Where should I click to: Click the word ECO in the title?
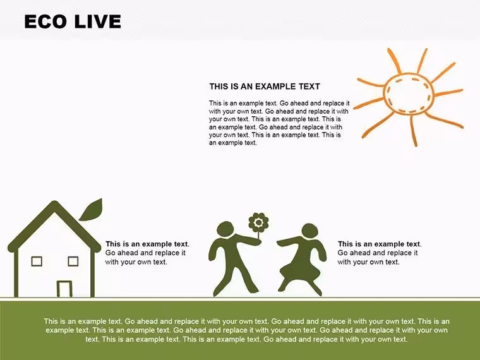pyautogui.click(x=45, y=21)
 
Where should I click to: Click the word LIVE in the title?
pyautogui.click(x=97, y=21)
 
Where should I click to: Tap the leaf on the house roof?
pyautogui.click(x=91, y=210)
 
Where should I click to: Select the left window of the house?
pyautogui.click(x=37, y=261)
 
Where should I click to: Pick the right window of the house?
pyautogui.click(x=73, y=261)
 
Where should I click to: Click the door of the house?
pyautogui.click(x=64, y=289)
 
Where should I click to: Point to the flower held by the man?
pyautogui.click(x=258, y=222)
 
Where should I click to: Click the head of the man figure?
pyautogui.click(x=225, y=229)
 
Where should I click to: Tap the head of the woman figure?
pyautogui.click(x=309, y=231)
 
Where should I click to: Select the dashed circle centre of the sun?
pyautogui.click(x=409, y=94)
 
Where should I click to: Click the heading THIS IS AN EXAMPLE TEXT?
pyautogui.click(x=265, y=87)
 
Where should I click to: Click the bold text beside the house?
pyautogui.click(x=147, y=244)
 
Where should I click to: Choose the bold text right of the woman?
pyautogui.click(x=380, y=244)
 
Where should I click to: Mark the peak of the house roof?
pyautogui.click(x=55, y=202)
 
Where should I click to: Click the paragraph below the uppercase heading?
pyautogui.click(x=279, y=123)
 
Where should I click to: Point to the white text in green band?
pyautogui.click(x=246, y=330)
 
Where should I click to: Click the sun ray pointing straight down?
pyautogui.click(x=413, y=131)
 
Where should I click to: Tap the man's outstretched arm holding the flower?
pyautogui.click(x=246, y=240)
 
